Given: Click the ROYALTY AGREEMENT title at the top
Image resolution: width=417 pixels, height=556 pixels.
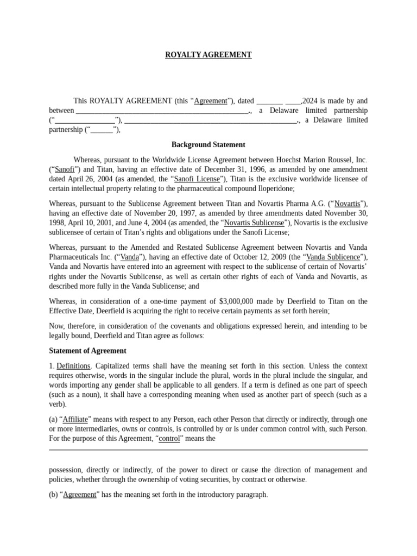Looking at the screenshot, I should pyautogui.click(x=208, y=55).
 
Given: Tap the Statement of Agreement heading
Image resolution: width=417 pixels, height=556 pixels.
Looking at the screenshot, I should pyautogui.click(x=87, y=351).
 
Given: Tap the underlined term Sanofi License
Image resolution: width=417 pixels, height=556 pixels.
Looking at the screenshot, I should pyautogui.click(x=197, y=179).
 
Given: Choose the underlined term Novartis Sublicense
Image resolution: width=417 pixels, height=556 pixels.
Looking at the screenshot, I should pyautogui.click(x=254, y=223).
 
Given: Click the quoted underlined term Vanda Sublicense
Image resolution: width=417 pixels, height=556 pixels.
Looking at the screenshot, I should pyautogui.click(x=333, y=257).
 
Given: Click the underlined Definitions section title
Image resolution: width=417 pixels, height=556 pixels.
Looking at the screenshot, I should pyautogui.click(x=73, y=365).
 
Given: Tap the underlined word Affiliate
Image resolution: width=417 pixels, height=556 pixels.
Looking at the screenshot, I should pyautogui.click(x=75, y=420).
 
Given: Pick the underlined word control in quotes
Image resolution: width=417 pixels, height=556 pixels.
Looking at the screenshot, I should pyautogui.click(x=169, y=438).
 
